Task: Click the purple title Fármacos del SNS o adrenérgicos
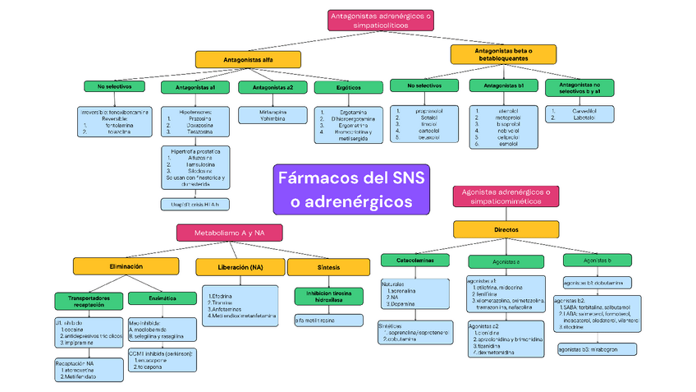tap(353, 189)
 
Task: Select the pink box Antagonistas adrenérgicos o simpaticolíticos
tap(380, 21)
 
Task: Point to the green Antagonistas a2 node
tap(273, 87)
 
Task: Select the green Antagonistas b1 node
tap(504, 85)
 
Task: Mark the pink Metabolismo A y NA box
tap(229, 233)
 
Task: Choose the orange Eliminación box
tap(126, 266)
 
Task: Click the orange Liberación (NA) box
tap(240, 267)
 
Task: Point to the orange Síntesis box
tap(317, 267)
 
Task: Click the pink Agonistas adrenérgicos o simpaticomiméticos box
tap(506, 196)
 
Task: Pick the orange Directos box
tap(506, 229)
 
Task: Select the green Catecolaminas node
tap(414, 261)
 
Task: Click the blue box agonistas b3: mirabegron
tap(591, 349)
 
